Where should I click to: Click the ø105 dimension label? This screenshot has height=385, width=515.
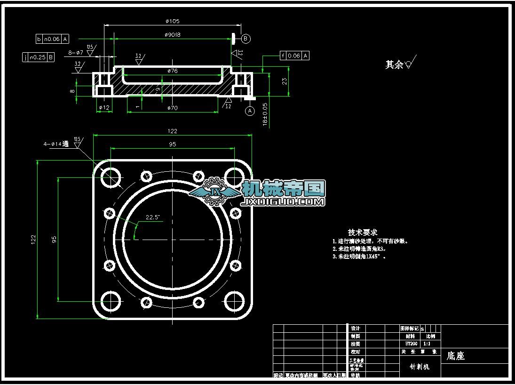(173, 21)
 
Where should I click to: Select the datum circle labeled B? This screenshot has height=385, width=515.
(246, 39)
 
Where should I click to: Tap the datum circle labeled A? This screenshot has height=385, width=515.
(250, 111)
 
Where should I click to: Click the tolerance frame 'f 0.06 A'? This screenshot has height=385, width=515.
(294, 56)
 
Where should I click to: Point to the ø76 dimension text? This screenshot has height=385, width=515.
(172, 71)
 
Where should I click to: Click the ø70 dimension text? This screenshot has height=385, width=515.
(173, 108)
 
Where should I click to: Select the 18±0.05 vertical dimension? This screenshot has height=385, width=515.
(265, 114)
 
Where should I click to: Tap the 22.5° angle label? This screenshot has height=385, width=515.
(152, 217)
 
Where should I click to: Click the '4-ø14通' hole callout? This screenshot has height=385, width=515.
(56, 144)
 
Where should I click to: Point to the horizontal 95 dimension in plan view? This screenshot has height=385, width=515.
(172, 144)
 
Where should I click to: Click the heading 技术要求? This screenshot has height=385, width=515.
(363, 232)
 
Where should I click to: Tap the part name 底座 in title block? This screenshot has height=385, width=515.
(455, 356)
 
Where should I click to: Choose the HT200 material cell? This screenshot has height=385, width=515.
(410, 344)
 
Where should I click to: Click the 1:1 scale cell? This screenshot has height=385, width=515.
(427, 344)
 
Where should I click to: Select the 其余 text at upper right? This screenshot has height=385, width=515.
(394, 65)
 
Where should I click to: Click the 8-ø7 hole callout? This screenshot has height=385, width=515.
(76, 53)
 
